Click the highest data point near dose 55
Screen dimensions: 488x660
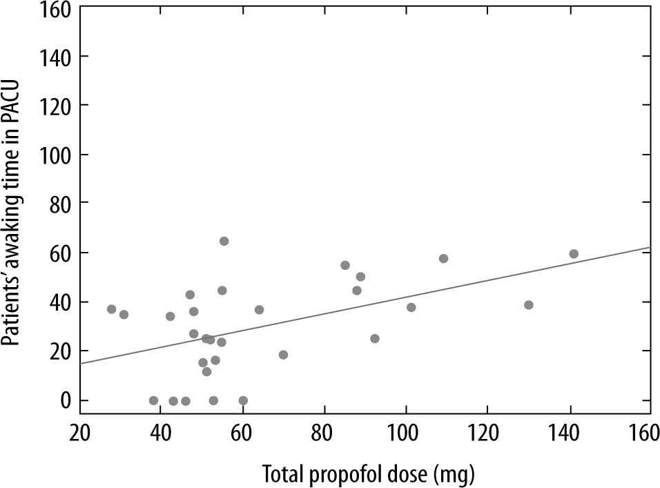click(224, 241)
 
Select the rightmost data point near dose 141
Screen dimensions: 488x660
click(574, 254)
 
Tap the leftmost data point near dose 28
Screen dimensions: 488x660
click(112, 309)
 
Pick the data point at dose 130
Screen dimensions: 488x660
click(529, 305)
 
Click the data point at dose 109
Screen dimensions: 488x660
click(443, 259)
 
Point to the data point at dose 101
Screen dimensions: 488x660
click(411, 307)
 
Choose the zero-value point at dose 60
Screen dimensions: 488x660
click(243, 400)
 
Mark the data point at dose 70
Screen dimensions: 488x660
click(283, 355)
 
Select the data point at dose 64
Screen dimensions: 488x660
click(259, 310)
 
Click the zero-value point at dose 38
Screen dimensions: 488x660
click(153, 400)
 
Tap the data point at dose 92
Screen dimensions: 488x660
click(375, 339)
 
